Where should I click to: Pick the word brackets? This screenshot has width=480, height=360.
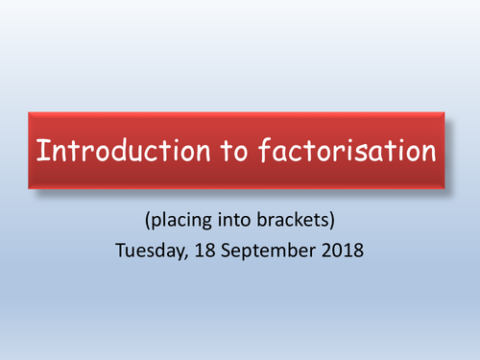click(292, 220)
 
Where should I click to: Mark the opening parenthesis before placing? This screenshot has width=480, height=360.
click(149, 221)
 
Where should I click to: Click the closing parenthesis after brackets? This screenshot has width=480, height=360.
click(330, 221)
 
